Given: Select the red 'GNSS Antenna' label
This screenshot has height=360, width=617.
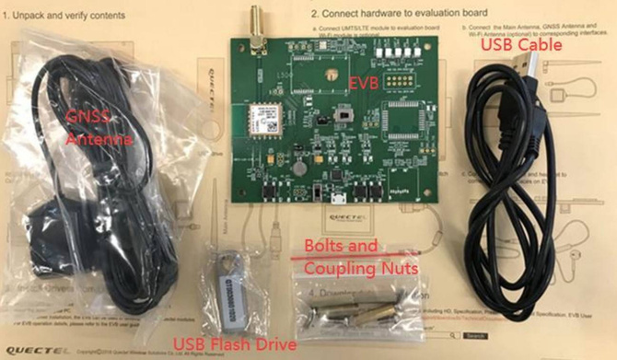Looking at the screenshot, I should pyautogui.click(x=99, y=127).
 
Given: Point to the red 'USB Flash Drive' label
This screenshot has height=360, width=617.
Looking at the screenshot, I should pyautogui.click(x=235, y=343).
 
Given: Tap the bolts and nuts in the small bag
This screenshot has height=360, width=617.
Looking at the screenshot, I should pyautogui.click(x=354, y=306).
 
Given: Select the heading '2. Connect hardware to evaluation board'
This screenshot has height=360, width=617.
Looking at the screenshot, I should pyautogui.click(x=398, y=14).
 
